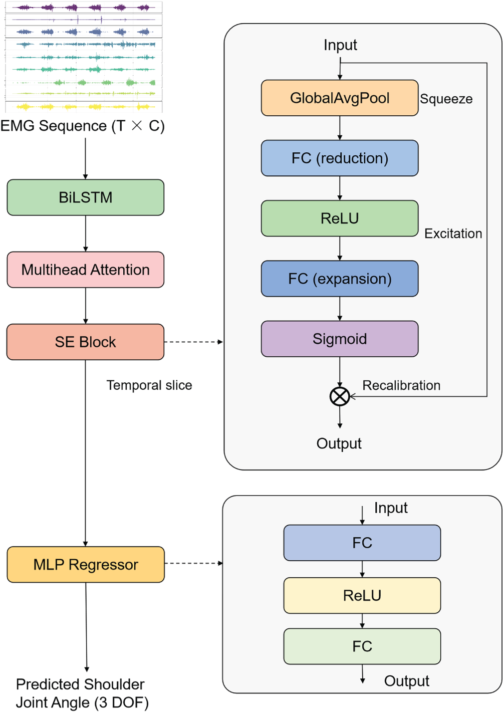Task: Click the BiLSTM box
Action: click(x=85, y=197)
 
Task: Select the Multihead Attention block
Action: click(x=85, y=270)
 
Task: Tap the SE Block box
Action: click(x=85, y=342)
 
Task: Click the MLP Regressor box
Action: click(x=86, y=565)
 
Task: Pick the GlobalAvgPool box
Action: click(x=340, y=98)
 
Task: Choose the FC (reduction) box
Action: click(x=340, y=158)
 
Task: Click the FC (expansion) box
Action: click(x=340, y=279)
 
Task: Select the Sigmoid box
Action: click(x=340, y=339)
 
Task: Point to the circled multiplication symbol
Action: click(x=340, y=396)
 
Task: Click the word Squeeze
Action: click(x=446, y=99)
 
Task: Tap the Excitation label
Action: click(x=453, y=233)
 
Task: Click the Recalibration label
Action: click(x=401, y=385)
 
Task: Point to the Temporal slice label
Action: click(x=149, y=385)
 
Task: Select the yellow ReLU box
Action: click(x=362, y=596)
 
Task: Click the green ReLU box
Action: click(x=340, y=218)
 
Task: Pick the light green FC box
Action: click(x=362, y=646)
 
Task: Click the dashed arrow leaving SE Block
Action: click(x=193, y=342)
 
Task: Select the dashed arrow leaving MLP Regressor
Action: click(x=193, y=563)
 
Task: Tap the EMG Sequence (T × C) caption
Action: click(x=83, y=126)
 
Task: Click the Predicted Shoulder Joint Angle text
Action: click(x=82, y=693)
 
